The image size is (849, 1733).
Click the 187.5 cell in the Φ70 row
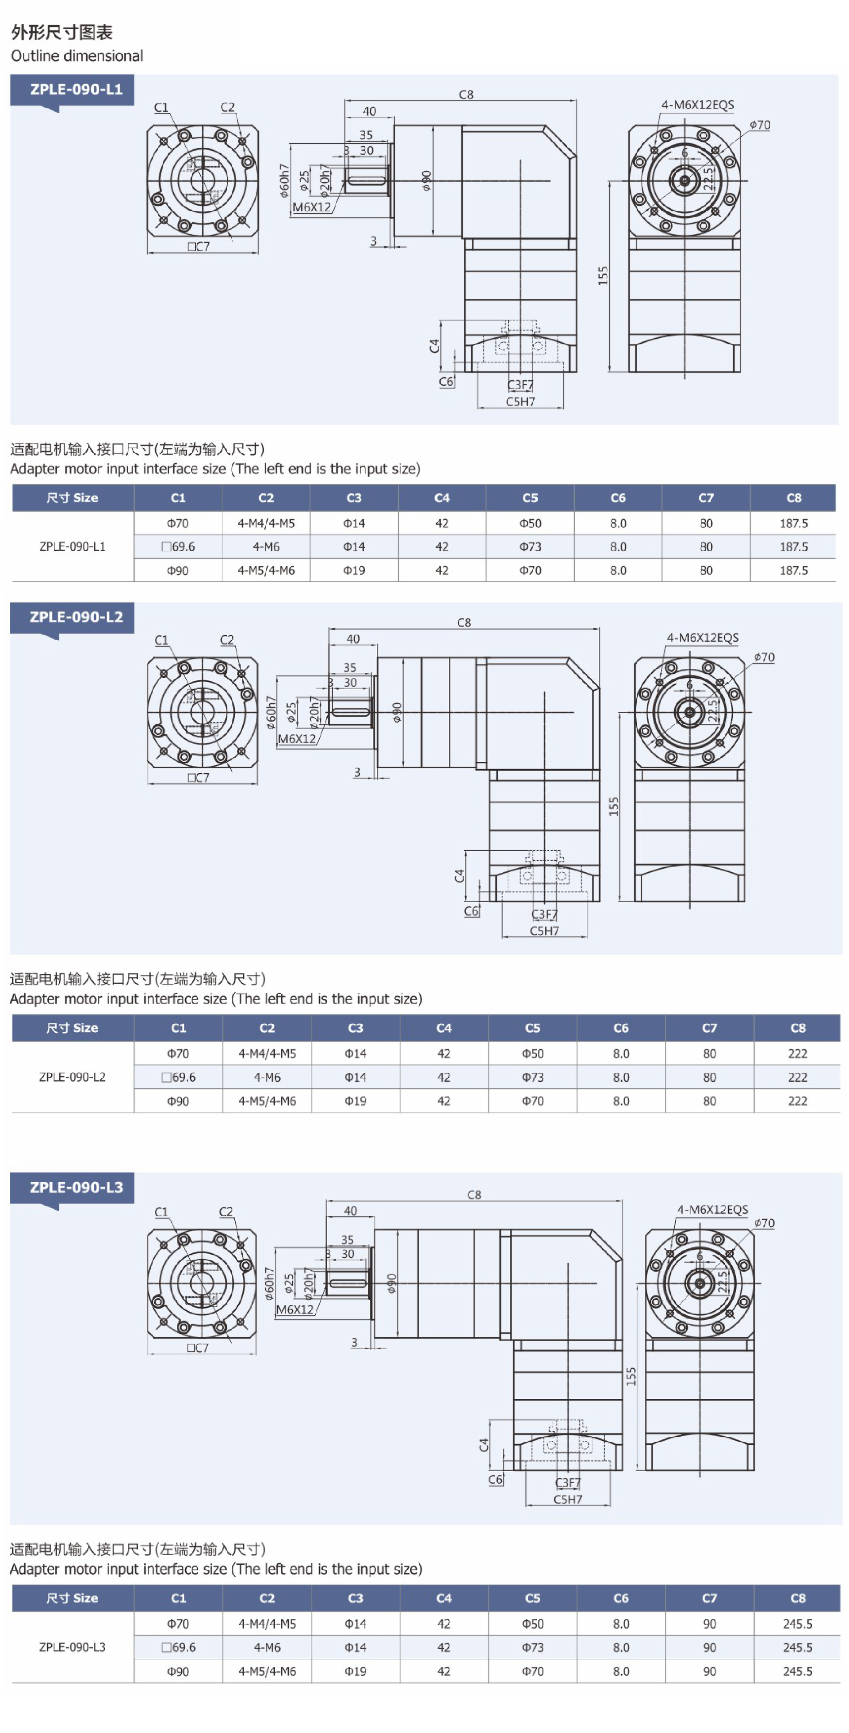point(793,523)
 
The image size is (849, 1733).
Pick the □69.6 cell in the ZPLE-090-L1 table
point(178,546)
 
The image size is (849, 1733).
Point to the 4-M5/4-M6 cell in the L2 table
point(267,1101)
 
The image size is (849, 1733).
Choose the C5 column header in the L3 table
point(532,1598)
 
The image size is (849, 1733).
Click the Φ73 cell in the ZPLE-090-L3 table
point(532,1647)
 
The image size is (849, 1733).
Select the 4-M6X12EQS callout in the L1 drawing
point(697,105)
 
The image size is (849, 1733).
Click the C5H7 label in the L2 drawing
point(543,931)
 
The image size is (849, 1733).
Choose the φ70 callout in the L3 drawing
point(764,1222)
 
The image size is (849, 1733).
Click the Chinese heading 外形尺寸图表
point(62,32)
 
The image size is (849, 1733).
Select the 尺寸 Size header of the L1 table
point(72,498)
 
